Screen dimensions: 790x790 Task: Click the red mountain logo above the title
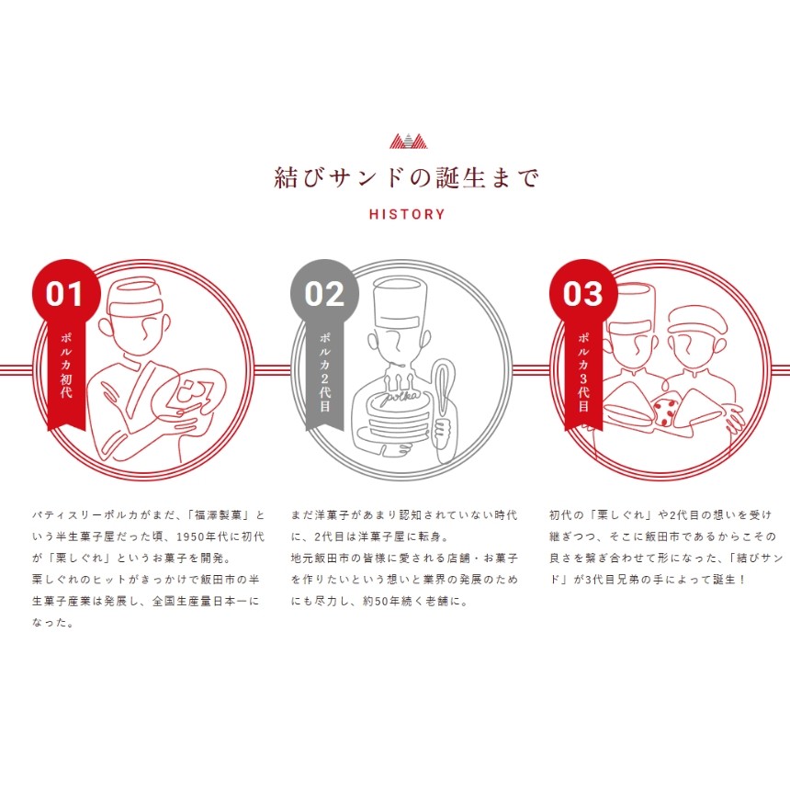[408, 141]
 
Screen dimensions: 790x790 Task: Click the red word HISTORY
[407, 214]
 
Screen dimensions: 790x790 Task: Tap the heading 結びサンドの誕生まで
[407, 178]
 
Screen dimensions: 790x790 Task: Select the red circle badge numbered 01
[66, 294]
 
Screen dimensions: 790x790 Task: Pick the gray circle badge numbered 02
[324, 294]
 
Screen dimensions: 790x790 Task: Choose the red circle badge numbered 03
[583, 294]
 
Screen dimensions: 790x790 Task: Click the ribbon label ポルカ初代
[66, 366]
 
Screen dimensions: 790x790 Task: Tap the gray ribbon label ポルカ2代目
[325, 372]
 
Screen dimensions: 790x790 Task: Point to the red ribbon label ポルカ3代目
[583, 372]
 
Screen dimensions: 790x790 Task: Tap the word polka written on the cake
[400, 398]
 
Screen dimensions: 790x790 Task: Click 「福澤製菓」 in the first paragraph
[219, 515]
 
